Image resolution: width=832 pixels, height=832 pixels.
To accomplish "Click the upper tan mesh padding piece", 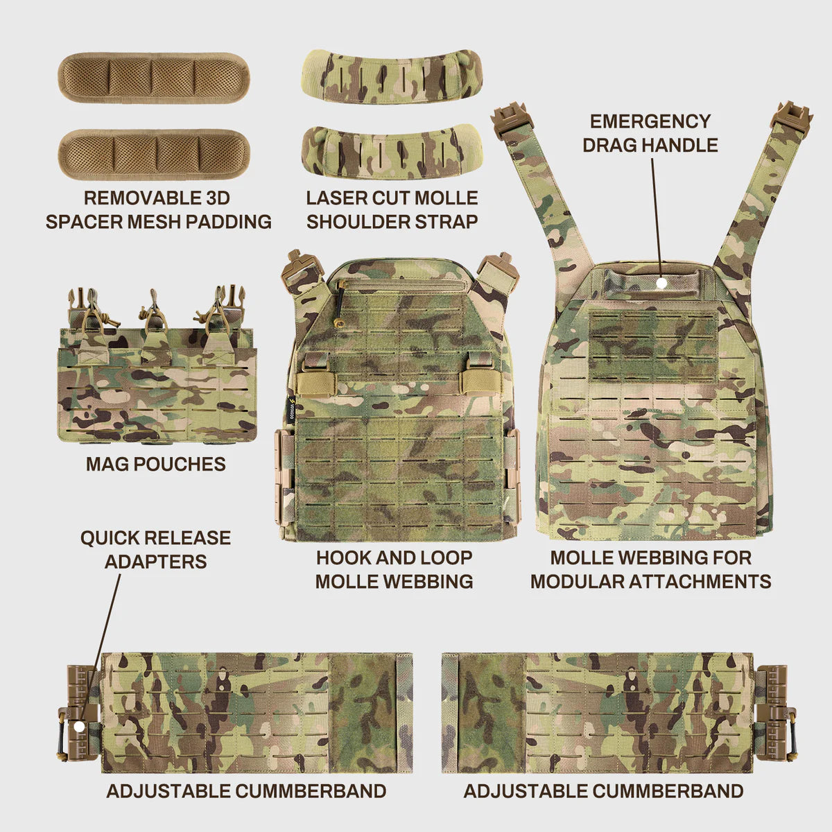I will [153, 78].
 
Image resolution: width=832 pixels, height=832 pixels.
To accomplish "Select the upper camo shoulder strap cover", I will [392, 77].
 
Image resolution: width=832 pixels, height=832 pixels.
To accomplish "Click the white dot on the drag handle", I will [661, 283].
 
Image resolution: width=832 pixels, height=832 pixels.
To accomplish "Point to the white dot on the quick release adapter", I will [78, 726].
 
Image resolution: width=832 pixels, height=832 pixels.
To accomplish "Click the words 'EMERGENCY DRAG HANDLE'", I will [650, 133].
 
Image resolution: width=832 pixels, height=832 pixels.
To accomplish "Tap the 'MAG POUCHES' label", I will [156, 464].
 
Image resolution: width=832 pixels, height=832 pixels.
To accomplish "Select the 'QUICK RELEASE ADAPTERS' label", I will [155, 549].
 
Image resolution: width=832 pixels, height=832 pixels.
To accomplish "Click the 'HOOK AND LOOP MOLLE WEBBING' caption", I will [394, 569].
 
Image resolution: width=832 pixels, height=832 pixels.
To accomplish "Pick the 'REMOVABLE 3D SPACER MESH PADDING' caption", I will [158, 209].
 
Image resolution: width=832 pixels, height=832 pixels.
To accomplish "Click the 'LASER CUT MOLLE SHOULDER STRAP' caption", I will [392, 209].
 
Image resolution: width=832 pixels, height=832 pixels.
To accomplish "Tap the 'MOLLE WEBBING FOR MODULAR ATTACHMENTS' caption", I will [650, 569].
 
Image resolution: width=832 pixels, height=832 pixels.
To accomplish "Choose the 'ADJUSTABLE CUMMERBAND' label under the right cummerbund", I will [603, 790].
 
